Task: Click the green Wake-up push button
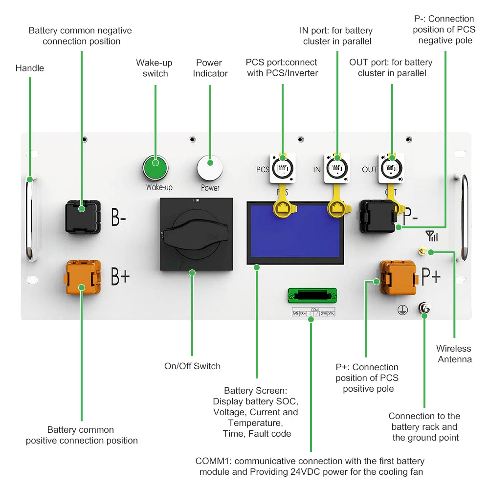[156, 168]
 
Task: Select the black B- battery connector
[83, 216]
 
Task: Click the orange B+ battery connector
[82, 278]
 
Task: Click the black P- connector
[378, 216]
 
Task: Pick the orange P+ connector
[398, 277]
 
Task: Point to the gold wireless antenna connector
[421, 252]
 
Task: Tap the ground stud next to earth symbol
[424, 309]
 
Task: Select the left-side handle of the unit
[29, 218]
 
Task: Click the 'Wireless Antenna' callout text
[454, 354]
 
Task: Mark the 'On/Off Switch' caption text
[192, 366]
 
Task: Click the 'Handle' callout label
[30, 68]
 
